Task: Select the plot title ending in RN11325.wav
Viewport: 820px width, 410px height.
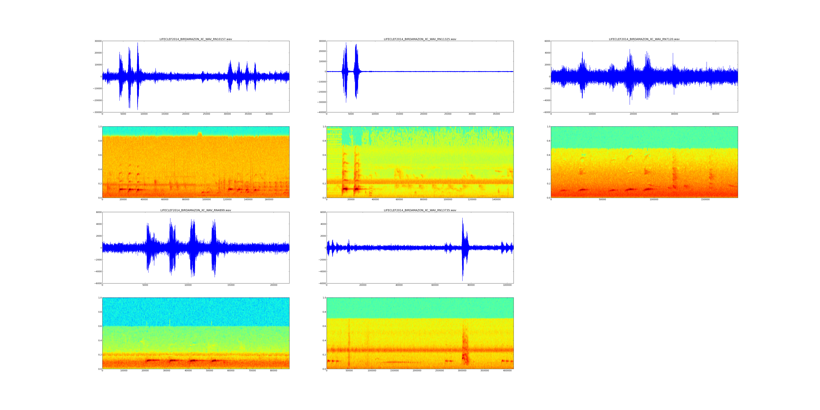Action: (420, 39)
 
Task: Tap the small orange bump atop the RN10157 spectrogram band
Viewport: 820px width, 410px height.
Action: (200, 134)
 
